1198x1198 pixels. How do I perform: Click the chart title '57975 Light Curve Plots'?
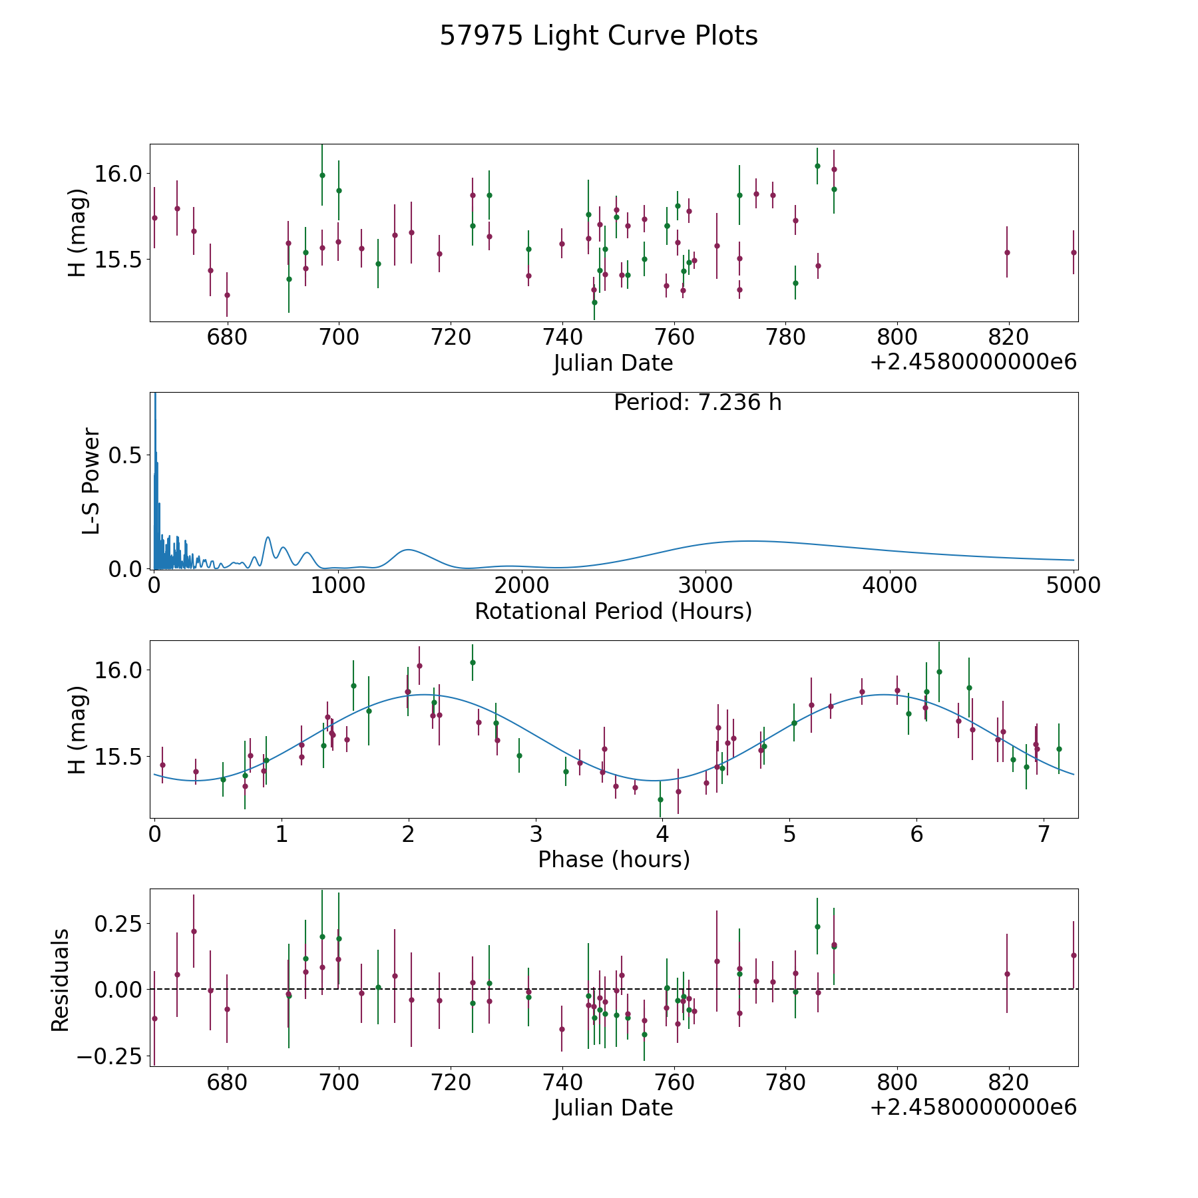[x=598, y=36]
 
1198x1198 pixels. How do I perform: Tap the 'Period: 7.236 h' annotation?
[x=698, y=403]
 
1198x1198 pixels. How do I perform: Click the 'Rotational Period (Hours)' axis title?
[x=614, y=611]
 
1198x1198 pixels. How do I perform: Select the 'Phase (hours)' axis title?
[x=614, y=859]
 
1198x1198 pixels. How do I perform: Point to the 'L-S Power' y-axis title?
[x=91, y=481]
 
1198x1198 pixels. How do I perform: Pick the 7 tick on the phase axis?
[x=1044, y=834]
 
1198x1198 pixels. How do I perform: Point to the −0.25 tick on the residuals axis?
[x=110, y=1056]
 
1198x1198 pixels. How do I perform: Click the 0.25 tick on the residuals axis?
[x=118, y=924]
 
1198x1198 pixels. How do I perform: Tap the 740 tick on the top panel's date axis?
[x=562, y=337]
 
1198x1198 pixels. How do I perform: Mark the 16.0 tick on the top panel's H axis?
[x=118, y=174]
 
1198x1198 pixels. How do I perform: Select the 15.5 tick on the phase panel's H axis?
[x=118, y=757]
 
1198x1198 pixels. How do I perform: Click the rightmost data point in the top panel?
[x=1074, y=252]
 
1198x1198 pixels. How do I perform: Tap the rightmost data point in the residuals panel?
[x=1074, y=955]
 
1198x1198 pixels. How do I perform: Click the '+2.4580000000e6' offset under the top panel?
[x=974, y=363]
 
